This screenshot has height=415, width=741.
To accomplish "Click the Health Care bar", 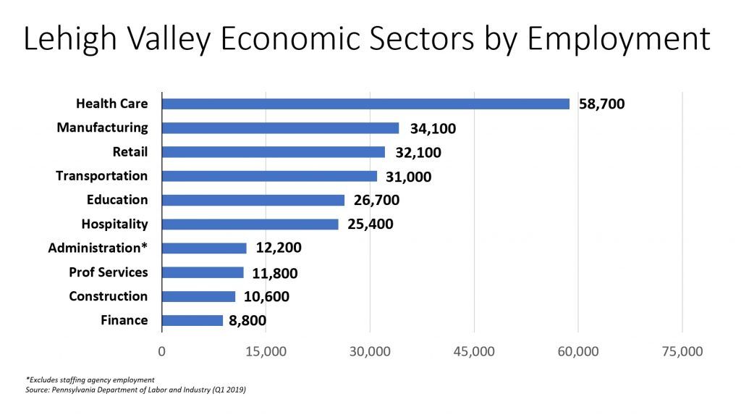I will (x=365, y=104).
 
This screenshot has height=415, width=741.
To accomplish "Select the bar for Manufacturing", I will (x=280, y=128).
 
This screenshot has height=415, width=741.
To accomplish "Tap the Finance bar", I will (x=192, y=320).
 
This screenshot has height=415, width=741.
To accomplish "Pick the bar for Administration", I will (x=204, y=248).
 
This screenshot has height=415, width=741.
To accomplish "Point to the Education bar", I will (x=253, y=200).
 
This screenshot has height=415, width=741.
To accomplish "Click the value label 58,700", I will (x=601, y=104).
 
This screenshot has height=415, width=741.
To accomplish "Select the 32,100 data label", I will (x=418, y=152).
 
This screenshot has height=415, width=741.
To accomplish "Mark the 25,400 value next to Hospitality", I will (x=370, y=224).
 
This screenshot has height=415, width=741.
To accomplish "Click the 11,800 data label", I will (x=275, y=273).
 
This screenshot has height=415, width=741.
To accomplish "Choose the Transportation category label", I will (x=101, y=176).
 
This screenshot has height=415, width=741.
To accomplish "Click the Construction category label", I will (x=108, y=296).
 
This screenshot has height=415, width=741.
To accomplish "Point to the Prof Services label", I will (x=108, y=272).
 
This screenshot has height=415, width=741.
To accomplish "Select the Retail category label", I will (x=130, y=152).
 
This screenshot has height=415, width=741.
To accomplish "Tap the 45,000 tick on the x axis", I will (x=474, y=352).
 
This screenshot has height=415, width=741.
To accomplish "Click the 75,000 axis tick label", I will (x=682, y=352).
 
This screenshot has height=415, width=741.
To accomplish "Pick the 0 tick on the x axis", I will (x=162, y=352).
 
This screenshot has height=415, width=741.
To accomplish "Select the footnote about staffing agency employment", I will (x=90, y=380).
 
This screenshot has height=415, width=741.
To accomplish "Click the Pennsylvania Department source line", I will (x=135, y=390).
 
